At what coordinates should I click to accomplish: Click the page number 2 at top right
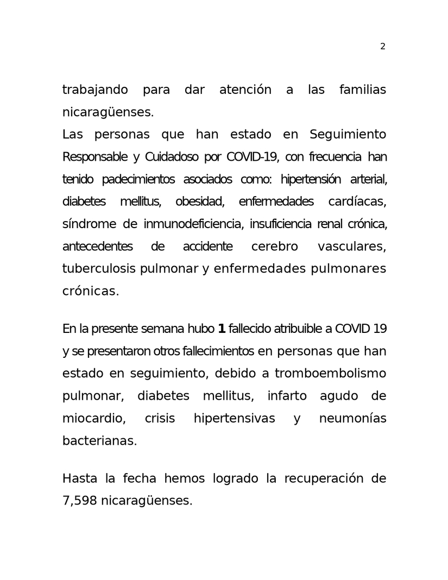click(x=383, y=47)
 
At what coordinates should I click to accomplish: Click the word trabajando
click(x=95, y=90)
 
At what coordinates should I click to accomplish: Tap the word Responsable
click(x=95, y=157)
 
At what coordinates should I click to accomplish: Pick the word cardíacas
click(x=357, y=202)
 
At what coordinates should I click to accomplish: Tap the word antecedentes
click(x=97, y=247)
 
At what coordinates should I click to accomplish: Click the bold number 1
click(x=221, y=329)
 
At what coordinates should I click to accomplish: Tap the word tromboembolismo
click(x=330, y=374)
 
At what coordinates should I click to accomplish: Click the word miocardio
click(x=94, y=418)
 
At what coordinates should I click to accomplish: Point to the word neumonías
click(x=352, y=418)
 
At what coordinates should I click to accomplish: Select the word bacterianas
click(x=99, y=440)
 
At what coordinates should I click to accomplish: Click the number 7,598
click(x=79, y=501)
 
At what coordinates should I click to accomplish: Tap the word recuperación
click(x=321, y=479)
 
